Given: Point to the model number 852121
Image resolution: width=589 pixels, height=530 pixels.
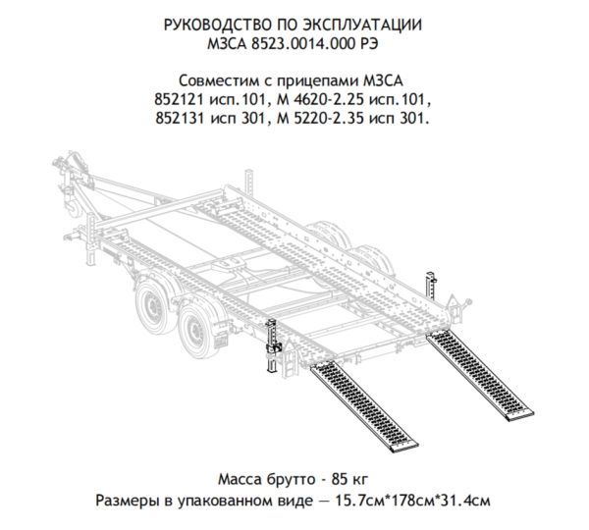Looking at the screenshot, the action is click(x=180, y=99).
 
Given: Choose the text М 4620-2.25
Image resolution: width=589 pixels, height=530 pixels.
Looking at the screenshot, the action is click(x=321, y=99).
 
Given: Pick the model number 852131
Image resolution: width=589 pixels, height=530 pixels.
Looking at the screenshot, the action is click(x=181, y=119).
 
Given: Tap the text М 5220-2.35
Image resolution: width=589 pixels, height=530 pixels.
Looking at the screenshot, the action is click(x=321, y=119).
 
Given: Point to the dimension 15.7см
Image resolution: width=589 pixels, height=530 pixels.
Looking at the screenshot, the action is click(x=361, y=501).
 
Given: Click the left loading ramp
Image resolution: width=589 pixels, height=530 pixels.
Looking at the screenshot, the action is click(x=363, y=406).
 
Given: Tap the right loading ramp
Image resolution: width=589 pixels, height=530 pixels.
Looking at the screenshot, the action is click(x=480, y=376).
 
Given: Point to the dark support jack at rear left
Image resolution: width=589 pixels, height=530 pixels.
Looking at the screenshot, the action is click(x=273, y=345).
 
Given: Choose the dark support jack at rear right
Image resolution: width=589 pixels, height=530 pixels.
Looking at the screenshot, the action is click(x=431, y=286).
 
